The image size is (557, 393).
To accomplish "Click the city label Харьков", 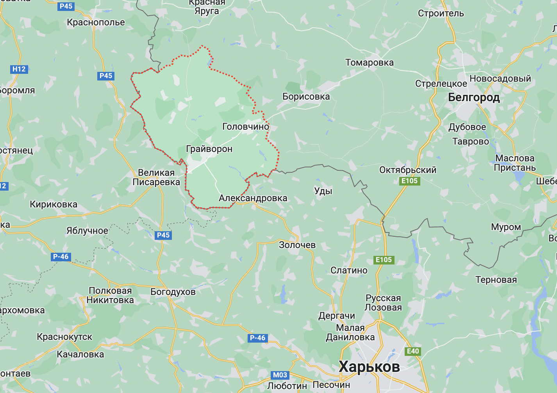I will click(x=369, y=366).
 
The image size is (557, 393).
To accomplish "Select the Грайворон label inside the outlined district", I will click(x=209, y=149).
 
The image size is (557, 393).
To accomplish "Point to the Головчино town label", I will click(x=246, y=126).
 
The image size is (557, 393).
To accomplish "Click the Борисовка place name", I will click(x=306, y=96).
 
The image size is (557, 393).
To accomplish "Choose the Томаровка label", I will click(x=370, y=63).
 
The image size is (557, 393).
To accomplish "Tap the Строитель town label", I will click(x=441, y=13).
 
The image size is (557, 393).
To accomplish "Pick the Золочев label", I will click(x=297, y=245).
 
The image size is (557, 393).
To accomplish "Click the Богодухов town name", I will click(x=173, y=292).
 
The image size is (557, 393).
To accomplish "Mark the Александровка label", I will click(x=253, y=198).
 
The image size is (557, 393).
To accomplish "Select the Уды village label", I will click(x=323, y=191).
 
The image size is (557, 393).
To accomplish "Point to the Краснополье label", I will click(x=96, y=22).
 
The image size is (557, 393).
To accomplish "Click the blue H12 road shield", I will click(x=19, y=69).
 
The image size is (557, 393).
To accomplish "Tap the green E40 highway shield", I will click(x=413, y=351).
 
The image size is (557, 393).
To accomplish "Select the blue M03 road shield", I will click(x=280, y=375).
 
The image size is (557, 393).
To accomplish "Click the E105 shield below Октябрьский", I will click(x=409, y=181).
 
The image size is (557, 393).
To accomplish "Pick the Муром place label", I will click(x=506, y=227).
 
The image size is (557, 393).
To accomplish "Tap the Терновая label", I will click(x=496, y=280).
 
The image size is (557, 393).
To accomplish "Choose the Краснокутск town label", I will click(x=64, y=337).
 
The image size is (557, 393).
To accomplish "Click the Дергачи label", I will click(x=337, y=316).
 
